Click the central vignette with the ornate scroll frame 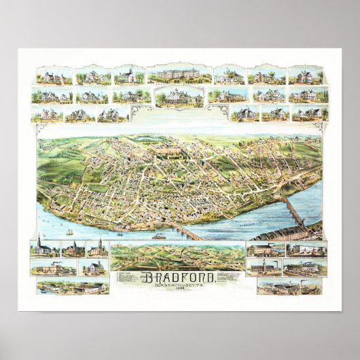point(179,98)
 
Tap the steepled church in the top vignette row point(128,75)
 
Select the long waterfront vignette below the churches point(73,287)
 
